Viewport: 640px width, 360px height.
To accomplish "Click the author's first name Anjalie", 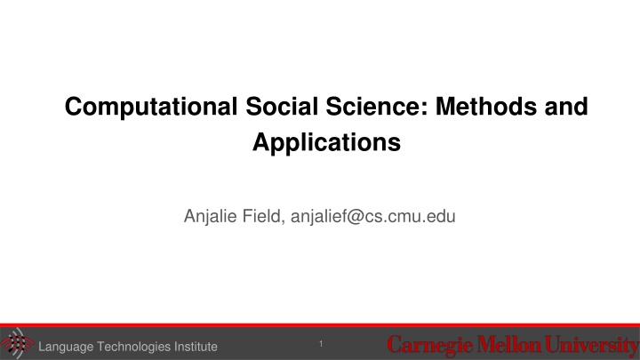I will [209, 213].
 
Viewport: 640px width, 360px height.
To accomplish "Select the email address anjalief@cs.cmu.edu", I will [370, 213].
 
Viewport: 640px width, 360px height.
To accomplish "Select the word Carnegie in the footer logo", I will [426, 343].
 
